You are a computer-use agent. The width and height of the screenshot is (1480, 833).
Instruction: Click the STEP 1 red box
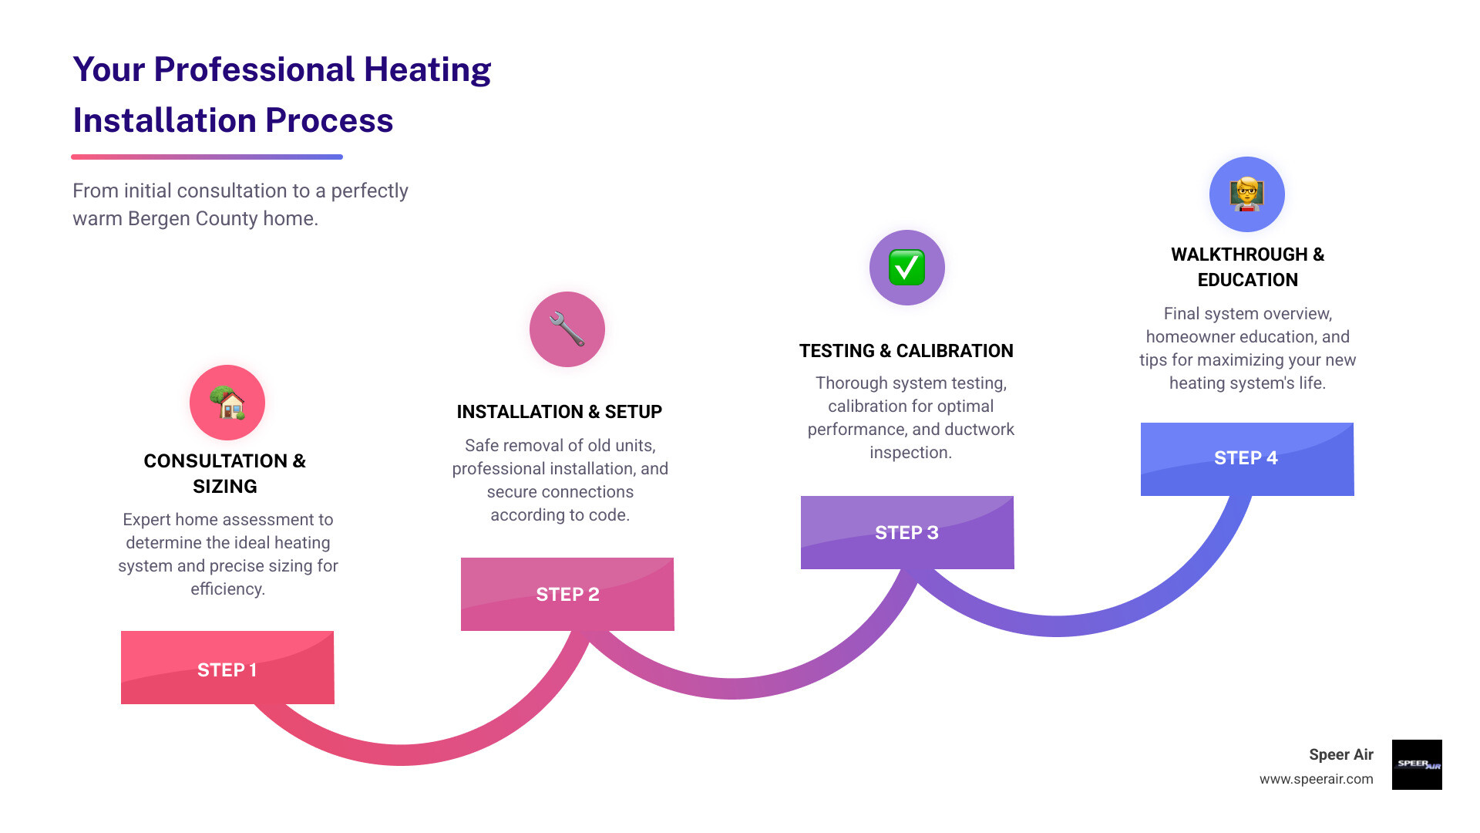click(x=227, y=668)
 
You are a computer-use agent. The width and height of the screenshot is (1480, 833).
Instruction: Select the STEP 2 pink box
click(x=567, y=594)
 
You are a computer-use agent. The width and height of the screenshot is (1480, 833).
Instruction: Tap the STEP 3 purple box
click(x=907, y=532)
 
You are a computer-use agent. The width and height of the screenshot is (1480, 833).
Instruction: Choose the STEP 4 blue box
click(x=1247, y=459)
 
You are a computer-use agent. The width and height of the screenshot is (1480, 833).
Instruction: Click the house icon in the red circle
click(x=227, y=403)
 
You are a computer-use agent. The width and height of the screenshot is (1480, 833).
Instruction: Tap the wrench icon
click(x=567, y=329)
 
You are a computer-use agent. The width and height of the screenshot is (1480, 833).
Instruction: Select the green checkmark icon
click(x=907, y=268)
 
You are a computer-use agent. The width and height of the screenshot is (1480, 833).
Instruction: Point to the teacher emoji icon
click(x=1246, y=194)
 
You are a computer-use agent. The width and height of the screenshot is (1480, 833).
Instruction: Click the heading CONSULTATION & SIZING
click(x=225, y=473)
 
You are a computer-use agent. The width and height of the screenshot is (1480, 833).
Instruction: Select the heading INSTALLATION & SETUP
click(x=560, y=412)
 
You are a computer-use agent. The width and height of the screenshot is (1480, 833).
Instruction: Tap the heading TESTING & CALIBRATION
click(x=906, y=351)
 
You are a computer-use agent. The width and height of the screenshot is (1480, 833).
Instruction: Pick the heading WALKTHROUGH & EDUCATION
click(x=1247, y=267)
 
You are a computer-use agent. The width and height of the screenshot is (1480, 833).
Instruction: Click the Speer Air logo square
click(x=1417, y=764)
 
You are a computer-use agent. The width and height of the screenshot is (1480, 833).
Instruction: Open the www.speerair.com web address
click(x=1316, y=779)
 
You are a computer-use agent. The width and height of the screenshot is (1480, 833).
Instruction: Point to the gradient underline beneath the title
click(x=207, y=157)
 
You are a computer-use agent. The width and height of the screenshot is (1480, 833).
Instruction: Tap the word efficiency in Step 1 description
click(x=228, y=589)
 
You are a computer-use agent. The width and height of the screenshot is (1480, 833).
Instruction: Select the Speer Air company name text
click(x=1340, y=754)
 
